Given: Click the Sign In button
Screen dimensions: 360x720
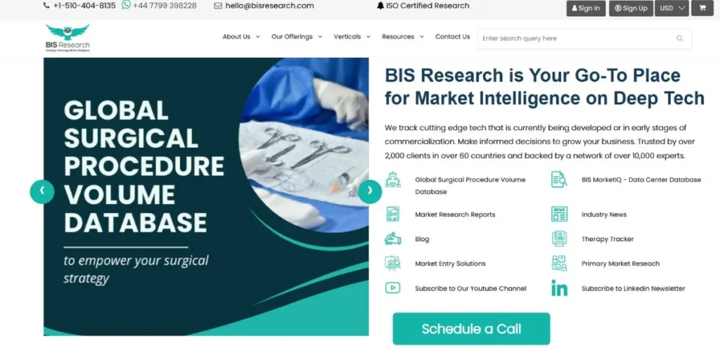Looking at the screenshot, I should pyautogui.click(x=586, y=8).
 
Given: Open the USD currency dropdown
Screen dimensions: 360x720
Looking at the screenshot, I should pyautogui.click(x=671, y=8).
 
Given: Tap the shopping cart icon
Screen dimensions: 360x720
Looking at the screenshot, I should pyautogui.click(x=702, y=8).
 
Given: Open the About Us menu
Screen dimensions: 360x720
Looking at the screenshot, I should pyautogui.click(x=240, y=37).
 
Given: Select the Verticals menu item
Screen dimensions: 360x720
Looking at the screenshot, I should pyautogui.click(x=351, y=37).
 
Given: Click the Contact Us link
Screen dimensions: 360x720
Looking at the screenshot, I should pyautogui.click(x=452, y=37).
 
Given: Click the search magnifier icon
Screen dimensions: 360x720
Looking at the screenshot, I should pyautogui.click(x=680, y=39).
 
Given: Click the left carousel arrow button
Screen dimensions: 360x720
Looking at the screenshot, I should pyautogui.click(x=42, y=191).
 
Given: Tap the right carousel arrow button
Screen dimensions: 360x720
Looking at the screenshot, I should pyautogui.click(x=370, y=191).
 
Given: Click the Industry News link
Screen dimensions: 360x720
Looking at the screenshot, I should pyautogui.click(x=603, y=214).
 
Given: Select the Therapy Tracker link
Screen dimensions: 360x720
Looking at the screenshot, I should pyautogui.click(x=607, y=239).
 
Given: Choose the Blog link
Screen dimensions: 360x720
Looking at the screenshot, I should pyautogui.click(x=422, y=239).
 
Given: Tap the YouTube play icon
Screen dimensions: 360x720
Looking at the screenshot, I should pyautogui.click(x=393, y=288).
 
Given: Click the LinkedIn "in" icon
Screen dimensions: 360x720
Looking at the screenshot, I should pyautogui.click(x=559, y=288).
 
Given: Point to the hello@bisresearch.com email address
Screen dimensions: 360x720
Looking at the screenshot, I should pyautogui.click(x=269, y=6).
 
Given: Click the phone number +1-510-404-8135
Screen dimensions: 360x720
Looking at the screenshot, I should pyautogui.click(x=84, y=6).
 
